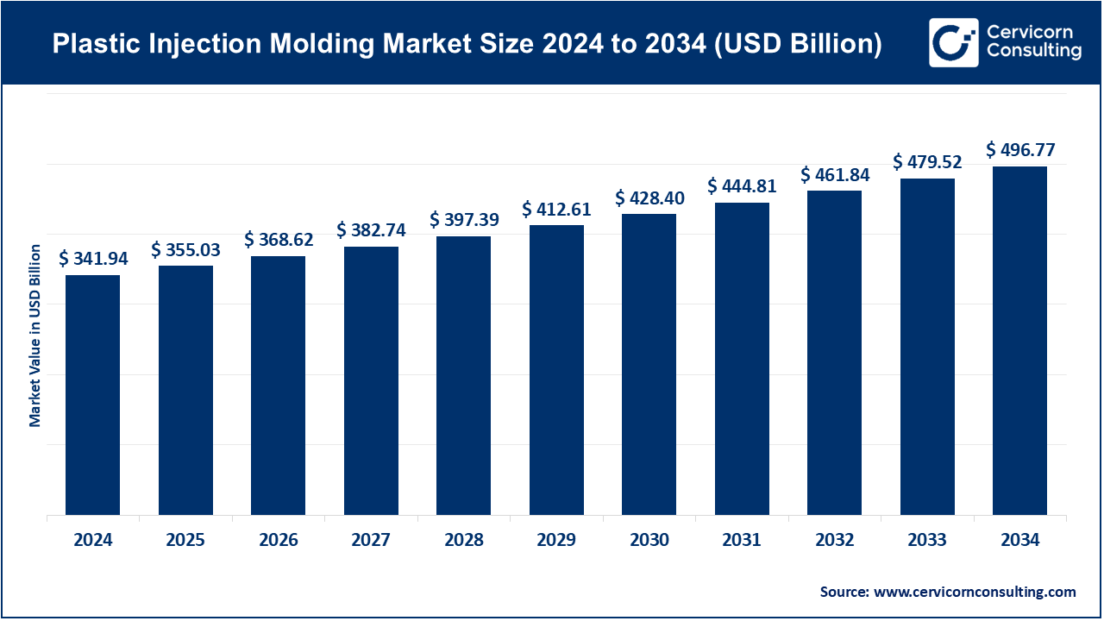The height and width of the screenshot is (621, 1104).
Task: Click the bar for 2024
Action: pyautogui.click(x=92, y=394)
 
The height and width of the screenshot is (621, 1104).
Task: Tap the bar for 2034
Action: pyautogui.click(x=1019, y=340)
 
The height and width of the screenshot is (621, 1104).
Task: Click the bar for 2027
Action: pyautogui.click(x=371, y=380)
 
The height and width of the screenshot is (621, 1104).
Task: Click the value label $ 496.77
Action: pyautogui.click(x=1020, y=150)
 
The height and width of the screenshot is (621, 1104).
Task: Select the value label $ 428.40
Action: pyautogui.click(x=649, y=198)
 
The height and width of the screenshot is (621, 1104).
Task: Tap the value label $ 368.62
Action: pyautogui.click(x=279, y=240)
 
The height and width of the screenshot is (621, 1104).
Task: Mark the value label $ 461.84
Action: pyautogui.click(x=835, y=174)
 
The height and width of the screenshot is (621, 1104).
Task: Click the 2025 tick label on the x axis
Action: pyautogui.click(x=185, y=541)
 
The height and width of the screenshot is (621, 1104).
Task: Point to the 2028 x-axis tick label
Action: pyautogui.click(x=464, y=541)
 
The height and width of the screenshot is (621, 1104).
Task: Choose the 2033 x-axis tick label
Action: pyautogui.click(x=927, y=541)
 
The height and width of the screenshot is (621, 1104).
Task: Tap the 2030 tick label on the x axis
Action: pyautogui.click(x=649, y=541)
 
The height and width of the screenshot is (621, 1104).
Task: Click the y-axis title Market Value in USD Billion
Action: pyautogui.click(x=35, y=336)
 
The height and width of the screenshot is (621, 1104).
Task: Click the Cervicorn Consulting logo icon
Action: pyautogui.click(x=953, y=42)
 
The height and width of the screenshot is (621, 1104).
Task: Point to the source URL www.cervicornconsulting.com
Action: pyautogui.click(x=975, y=592)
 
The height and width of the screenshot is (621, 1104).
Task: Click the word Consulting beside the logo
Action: pyautogui.click(x=1034, y=52)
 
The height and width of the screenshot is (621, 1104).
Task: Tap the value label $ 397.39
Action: pyautogui.click(x=464, y=220)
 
